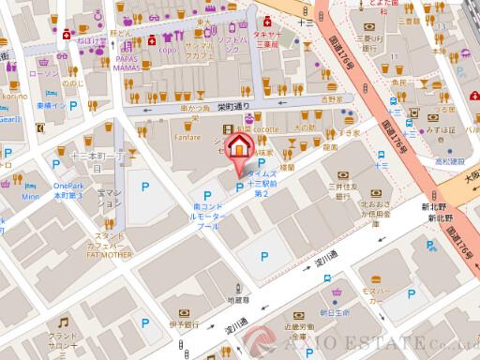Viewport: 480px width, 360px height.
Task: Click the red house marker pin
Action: tap(242, 148)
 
